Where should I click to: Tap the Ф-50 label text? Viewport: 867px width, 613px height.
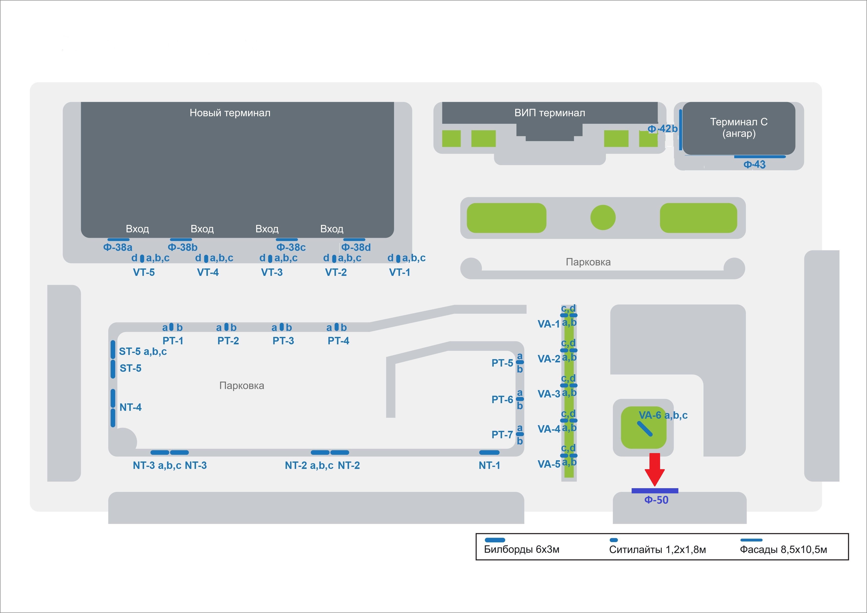(656, 500)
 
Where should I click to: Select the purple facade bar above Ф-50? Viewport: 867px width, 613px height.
(655, 491)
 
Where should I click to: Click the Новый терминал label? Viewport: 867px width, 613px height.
(230, 113)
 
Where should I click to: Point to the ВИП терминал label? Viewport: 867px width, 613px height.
(550, 113)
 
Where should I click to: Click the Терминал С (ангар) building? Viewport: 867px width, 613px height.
(739, 128)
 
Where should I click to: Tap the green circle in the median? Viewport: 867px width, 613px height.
(603, 218)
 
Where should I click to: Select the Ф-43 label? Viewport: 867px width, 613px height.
(755, 165)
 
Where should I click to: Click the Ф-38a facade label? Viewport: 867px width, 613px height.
(118, 247)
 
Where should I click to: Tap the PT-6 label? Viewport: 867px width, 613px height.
(502, 399)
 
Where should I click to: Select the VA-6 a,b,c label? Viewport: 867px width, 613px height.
(663, 415)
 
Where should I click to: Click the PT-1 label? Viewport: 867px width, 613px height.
(173, 341)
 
